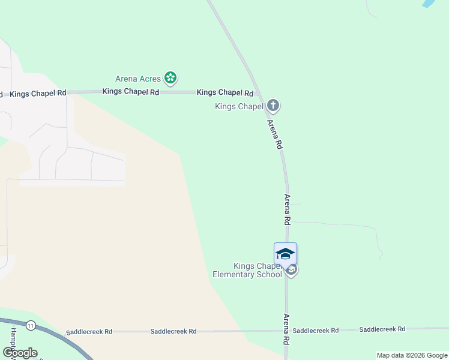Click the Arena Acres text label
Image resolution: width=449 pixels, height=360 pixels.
point(138,79)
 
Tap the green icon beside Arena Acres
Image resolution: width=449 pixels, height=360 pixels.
point(171,77)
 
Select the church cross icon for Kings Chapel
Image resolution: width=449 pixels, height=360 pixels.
point(273,106)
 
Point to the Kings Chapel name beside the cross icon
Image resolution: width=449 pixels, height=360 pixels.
point(239,107)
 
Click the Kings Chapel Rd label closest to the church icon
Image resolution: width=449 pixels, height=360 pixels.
point(225,92)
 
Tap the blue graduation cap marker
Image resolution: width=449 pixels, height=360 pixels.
point(285,253)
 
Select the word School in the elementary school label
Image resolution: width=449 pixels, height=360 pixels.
point(271,275)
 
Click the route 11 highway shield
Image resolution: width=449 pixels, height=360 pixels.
point(31,325)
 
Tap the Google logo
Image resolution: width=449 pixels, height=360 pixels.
point(20,352)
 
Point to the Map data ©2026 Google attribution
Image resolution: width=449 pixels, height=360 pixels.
point(411,355)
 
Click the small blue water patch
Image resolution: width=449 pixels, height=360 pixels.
point(429,3)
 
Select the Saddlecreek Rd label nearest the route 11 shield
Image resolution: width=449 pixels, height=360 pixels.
point(89,331)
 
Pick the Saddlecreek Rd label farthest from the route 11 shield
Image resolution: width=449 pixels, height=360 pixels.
point(382,329)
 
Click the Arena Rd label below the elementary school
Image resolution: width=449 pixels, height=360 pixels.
point(287,329)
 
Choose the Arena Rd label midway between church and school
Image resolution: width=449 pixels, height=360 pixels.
point(288,209)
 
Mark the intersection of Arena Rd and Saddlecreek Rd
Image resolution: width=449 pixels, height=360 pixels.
point(287,330)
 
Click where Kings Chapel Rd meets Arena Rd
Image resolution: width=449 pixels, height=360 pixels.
point(259,93)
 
